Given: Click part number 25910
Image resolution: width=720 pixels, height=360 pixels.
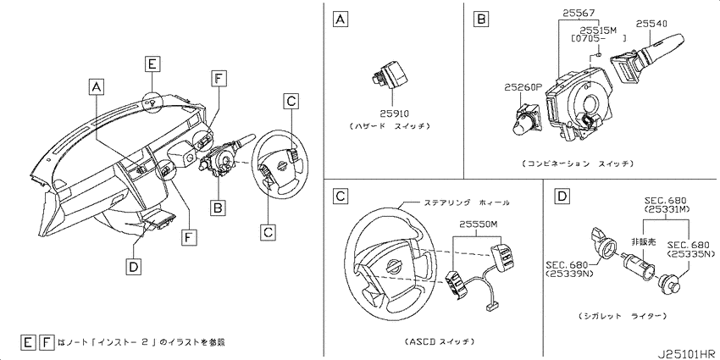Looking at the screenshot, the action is pos(394,113).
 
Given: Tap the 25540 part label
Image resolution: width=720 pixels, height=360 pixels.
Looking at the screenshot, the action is pos(652,23).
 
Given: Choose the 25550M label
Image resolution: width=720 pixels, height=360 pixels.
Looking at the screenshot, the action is pos(477,224).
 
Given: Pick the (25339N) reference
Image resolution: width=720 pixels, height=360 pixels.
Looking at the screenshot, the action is pos(568,274).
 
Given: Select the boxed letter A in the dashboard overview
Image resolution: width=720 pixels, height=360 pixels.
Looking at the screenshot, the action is pos(95,86).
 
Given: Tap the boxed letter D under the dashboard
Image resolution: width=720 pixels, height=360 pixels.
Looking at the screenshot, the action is pos(132,267).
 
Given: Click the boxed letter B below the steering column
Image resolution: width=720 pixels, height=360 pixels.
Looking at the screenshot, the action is pos(218,208).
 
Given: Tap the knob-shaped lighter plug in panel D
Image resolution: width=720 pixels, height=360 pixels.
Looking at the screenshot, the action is pos(669,283).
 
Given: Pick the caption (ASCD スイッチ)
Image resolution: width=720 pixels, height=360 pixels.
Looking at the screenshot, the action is pos(440,341).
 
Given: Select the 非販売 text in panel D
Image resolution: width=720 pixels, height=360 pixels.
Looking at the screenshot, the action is pos(643,241).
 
